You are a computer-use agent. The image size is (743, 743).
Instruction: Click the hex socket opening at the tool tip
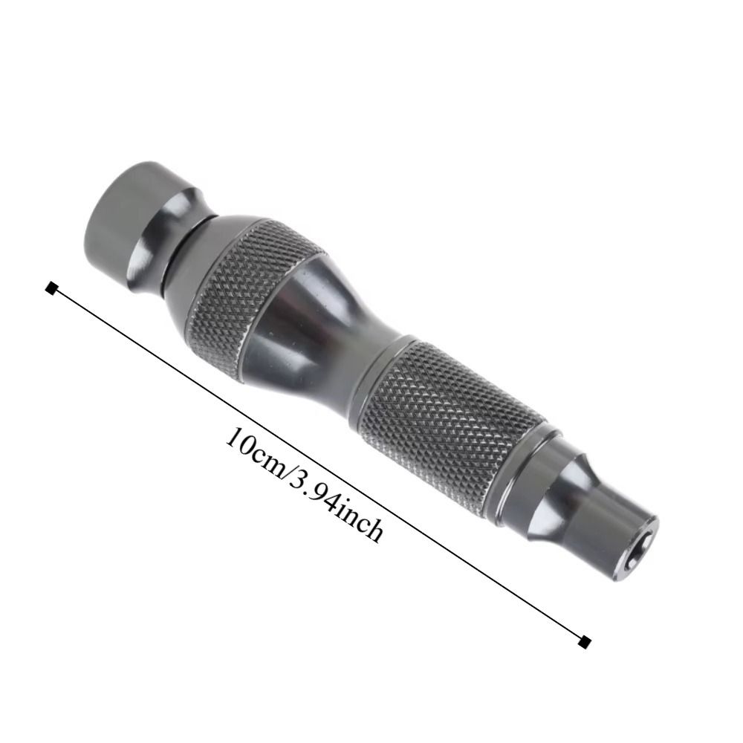point(644,536)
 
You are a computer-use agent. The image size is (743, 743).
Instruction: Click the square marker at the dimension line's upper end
point(51,288)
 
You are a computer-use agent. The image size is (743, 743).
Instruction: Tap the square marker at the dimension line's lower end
point(586,640)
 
